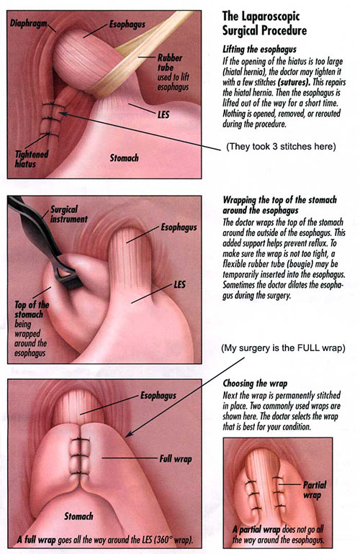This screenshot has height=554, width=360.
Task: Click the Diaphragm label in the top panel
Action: [x=28, y=24]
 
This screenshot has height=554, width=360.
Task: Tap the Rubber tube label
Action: [x=170, y=63]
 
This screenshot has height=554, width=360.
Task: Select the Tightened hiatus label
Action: [x=32, y=159]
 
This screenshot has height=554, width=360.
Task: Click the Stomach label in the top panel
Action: [x=124, y=158]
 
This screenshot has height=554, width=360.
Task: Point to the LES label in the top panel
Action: [x=163, y=114]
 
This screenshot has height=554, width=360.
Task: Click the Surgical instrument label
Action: [x=68, y=214]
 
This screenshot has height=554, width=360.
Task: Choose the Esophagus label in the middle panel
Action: [x=179, y=227]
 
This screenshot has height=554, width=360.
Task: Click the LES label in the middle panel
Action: [x=180, y=284]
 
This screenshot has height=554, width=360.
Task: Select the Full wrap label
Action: [x=176, y=459]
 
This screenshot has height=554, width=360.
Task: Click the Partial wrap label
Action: [x=315, y=490]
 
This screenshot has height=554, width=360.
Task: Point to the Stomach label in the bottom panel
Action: [x=78, y=516]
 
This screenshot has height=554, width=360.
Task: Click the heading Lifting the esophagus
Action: [x=260, y=49]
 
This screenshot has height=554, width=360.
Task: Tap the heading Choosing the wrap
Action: [x=255, y=383]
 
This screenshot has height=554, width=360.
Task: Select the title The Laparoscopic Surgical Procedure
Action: [x=264, y=24]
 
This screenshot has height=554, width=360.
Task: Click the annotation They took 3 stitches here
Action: [x=281, y=146]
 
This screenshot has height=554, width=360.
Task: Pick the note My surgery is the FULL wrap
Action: [x=283, y=348]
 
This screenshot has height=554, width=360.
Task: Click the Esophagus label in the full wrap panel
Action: [x=158, y=396]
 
